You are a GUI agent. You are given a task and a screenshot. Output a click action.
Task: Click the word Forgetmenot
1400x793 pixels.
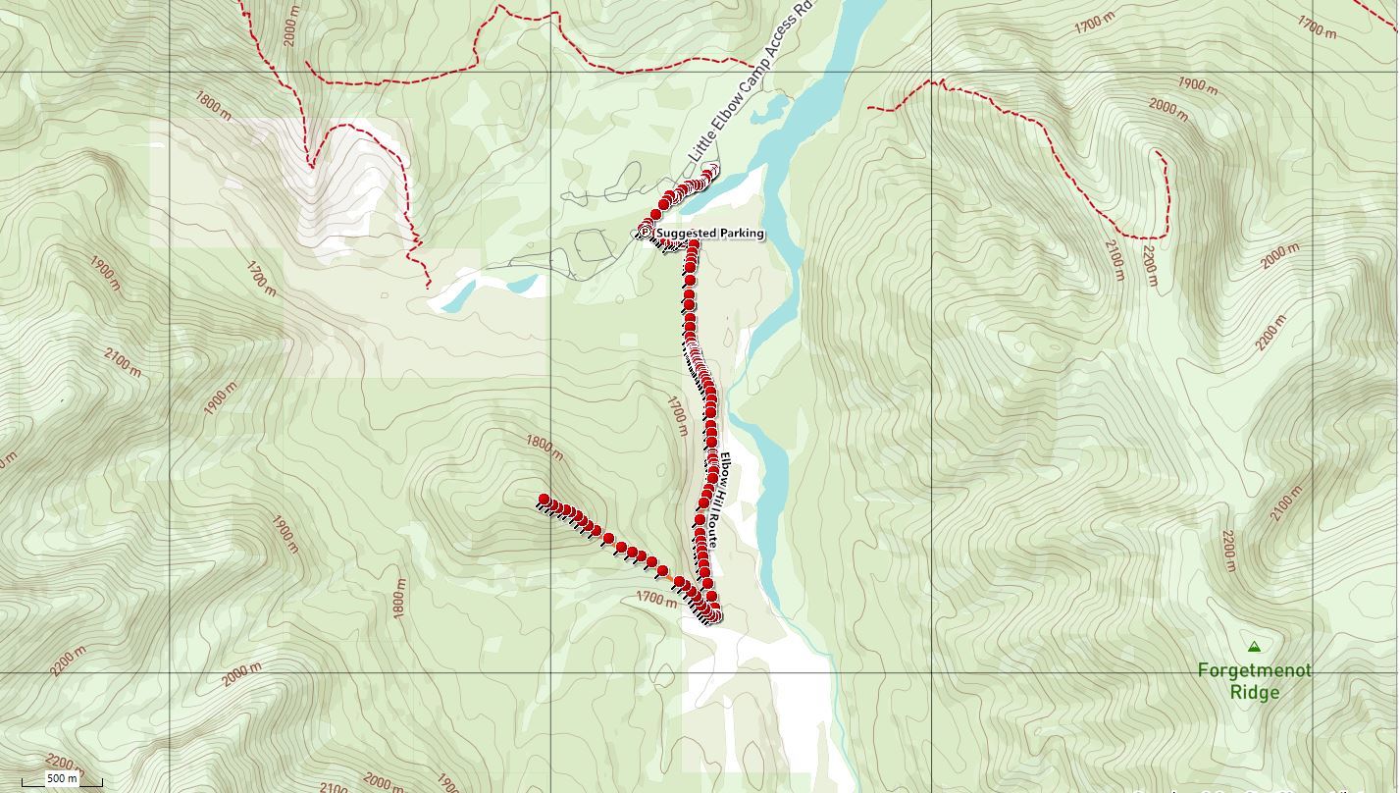tap(1254, 670)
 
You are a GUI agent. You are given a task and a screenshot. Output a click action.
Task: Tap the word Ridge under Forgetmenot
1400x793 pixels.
tap(1254, 692)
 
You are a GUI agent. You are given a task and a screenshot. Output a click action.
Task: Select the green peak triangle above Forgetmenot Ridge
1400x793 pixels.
tap(1254, 647)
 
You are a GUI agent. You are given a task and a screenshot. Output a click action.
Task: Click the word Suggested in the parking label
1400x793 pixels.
tap(687, 234)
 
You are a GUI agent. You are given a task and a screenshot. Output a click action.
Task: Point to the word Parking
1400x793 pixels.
tap(742, 234)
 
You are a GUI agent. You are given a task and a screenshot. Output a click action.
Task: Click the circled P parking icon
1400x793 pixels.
tap(645, 232)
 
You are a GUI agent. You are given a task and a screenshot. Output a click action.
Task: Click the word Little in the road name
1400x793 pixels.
tap(702, 146)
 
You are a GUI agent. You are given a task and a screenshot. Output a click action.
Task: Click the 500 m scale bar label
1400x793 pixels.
tap(62, 778)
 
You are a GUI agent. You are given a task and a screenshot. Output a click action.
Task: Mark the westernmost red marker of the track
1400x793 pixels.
tap(544, 500)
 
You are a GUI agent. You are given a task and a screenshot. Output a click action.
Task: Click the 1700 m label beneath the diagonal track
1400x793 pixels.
tap(656, 598)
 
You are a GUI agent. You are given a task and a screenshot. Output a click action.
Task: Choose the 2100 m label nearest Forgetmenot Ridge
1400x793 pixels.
tap(1286, 503)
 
